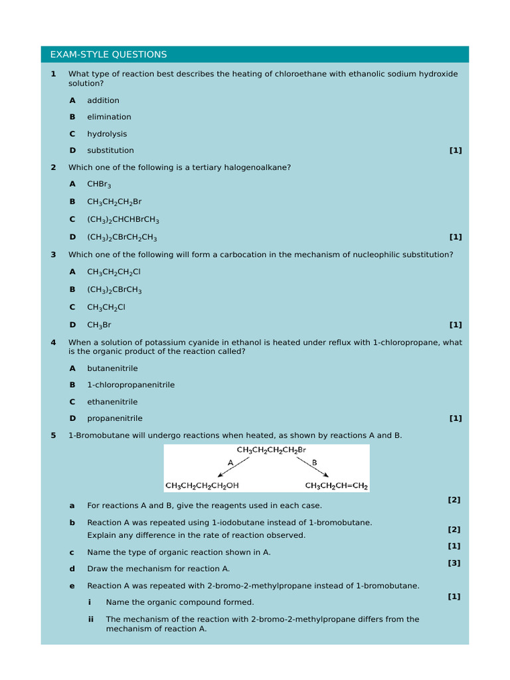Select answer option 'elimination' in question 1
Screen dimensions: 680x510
(109, 117)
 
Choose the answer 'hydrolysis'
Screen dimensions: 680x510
(107, 133)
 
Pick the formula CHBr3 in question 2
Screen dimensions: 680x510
(99, 184)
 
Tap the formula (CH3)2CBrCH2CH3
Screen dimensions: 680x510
(122, 237)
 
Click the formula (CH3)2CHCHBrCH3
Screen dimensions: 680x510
(123, 219)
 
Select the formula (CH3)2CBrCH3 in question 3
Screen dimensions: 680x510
(114, 290)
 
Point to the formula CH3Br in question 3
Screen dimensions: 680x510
(99, 325)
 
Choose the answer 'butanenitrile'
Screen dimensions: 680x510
(112, 368)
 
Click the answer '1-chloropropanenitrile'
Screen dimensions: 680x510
(131, 384)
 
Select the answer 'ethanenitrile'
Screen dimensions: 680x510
(112, 402)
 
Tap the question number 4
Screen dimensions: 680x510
(53, 343)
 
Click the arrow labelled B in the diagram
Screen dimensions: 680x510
(318, 468)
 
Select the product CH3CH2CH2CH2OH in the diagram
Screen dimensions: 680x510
(207, 485)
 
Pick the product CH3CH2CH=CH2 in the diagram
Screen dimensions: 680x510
(336, 485)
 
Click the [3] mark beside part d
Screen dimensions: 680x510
(454, 562)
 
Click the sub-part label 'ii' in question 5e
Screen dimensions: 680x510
(90, 619)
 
